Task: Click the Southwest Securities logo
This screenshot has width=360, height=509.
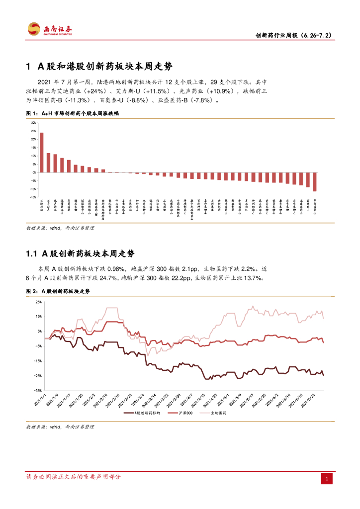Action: (x=49, y=30)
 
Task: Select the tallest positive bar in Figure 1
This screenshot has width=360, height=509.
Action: (x=41, y=152)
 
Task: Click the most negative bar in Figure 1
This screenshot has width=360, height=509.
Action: (x=315, y=181)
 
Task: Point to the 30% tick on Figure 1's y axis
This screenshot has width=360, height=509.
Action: (x=33, y=123)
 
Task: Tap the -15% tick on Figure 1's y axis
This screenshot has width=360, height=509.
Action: (x=33, y=197)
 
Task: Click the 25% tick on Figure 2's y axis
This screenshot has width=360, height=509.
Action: (x=38, y=302)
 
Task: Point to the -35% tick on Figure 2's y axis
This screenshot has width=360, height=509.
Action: (x=38, y=391)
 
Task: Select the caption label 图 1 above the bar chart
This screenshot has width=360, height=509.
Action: (x=31, y=113)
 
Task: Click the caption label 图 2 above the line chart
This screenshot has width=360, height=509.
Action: (x=31, y=291)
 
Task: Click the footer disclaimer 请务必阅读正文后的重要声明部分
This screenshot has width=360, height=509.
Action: (x=73, y=477)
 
